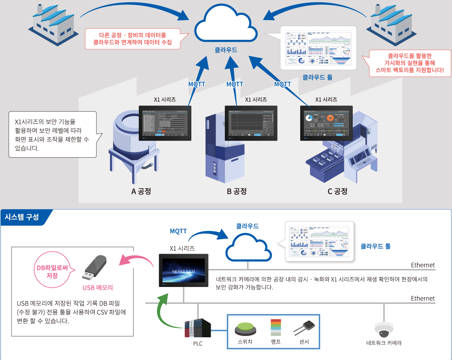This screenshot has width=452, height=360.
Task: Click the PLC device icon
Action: click(x=198, y=328)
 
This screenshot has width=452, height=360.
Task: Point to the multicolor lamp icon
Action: click(x=276, y=327)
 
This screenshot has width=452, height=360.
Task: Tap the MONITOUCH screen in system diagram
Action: click(x=183, y=270)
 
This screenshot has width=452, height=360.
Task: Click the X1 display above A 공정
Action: click(x=165, y=123)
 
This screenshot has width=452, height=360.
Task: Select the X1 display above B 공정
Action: click(x=251, y=123)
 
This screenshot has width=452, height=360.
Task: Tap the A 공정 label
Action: click(x=141, y=191)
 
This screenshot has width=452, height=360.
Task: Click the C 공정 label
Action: click(x=337, y=191)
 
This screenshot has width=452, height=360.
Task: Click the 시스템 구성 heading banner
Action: click(x=22, y=217)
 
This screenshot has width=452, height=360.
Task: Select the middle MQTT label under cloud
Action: click(x=235, y=84)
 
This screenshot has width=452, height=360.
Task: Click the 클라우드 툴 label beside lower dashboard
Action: click(x=375, y=246)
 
